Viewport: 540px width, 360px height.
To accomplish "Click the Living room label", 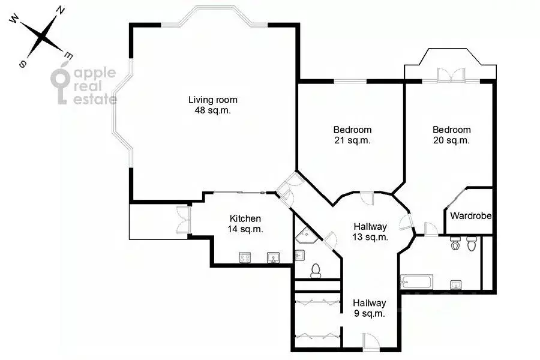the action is (213, 100).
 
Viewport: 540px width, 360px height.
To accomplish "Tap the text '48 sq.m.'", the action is (213, 110).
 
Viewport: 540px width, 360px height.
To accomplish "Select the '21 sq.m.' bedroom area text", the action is (352, 140).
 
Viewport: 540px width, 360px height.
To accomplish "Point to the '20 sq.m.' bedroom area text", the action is (451, 140).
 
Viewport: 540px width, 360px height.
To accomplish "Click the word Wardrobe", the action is (471, 216).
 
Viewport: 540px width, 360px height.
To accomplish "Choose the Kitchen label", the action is (245, 219).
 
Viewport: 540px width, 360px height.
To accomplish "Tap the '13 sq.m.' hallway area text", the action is (370, 237).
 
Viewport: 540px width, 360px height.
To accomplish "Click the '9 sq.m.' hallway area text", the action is (370, 314).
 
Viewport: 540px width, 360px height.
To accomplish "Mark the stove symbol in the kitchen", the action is (245, 257).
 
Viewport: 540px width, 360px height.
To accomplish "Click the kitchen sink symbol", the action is (274, 257).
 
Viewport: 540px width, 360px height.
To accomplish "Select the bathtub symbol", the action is (416, 282).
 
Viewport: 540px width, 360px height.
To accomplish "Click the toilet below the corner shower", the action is (316, 271).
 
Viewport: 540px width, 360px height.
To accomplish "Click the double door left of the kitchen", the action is (183, 220).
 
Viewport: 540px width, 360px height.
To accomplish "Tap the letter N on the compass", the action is (60, 11).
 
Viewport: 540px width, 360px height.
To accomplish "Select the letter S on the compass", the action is (23, 64).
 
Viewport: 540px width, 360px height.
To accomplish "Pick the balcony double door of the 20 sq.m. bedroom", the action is (451, 76).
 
